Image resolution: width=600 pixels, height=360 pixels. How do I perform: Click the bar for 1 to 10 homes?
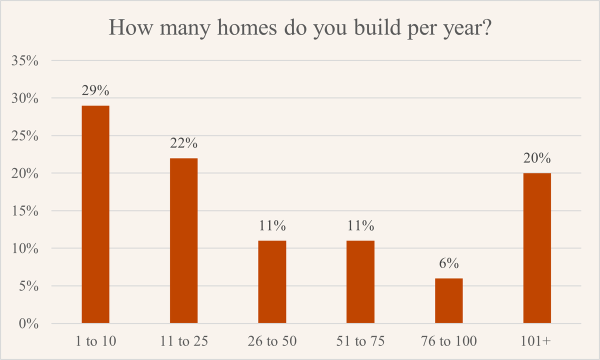click(x=95, y=214)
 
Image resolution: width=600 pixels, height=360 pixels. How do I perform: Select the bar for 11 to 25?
click(x=183, y=240)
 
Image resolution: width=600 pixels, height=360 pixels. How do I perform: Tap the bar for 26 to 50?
click(x=272, y=282)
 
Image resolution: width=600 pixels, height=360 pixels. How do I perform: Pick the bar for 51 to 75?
click(x=360, y=282)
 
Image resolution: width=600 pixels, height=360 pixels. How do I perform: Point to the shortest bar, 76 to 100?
click(x=448, y=300)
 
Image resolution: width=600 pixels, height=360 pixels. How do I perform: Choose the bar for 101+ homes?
click(x=536, y=248)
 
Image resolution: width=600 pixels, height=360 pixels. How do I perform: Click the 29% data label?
click(x=95, y=91)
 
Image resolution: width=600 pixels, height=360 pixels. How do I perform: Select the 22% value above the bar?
click(x=183, y=143)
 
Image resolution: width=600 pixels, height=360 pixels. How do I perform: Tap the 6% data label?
click(x=448, y=263)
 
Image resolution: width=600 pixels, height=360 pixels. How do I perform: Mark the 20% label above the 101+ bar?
click(x=536, y=158)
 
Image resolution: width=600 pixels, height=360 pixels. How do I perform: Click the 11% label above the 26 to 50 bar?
click(x=272, y=226)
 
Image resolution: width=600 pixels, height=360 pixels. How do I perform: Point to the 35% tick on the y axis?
click(x=26, y=61)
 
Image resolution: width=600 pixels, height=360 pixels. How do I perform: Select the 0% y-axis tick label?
click(x=29, y=324)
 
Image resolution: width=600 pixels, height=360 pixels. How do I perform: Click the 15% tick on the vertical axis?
click(x=26, y=211)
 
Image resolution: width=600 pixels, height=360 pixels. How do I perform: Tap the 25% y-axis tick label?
click(x=26, y=136)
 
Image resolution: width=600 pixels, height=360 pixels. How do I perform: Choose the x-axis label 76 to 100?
click(x=448, y=341)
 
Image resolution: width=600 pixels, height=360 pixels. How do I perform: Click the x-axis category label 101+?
click(x=536, y=341)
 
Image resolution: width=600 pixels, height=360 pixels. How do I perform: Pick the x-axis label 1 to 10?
click(x=95, y=341)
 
